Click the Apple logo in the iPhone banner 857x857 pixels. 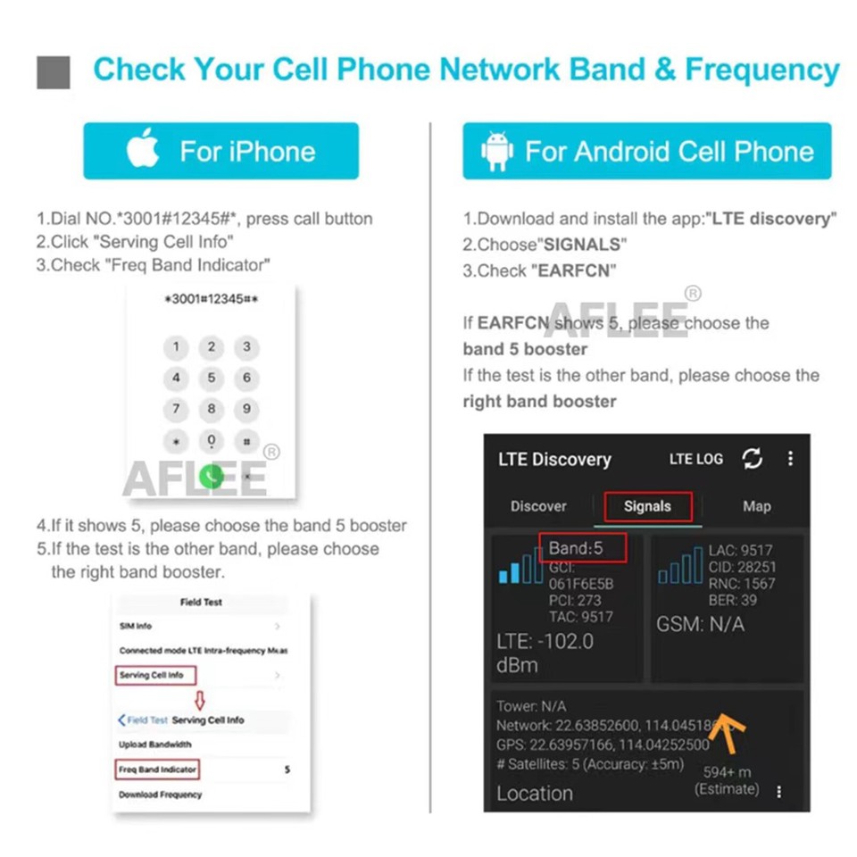pyautogui.click(x=143, y=151)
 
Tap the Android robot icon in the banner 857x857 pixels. pyautogui.click(x=496, y=152)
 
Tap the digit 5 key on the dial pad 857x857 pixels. pyautogui.click(x=212, y=379)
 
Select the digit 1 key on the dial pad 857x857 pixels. pyautogui.click(x=176, y=347)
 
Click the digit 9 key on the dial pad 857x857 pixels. pyautogui.click(x=246, y=410)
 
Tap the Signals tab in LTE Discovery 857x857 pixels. pyautogui.click(x=647, y=506)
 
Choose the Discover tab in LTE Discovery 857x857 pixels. pyautogui.click(x=538, y=506)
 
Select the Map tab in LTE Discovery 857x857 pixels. pyautogui.click(x=756, y=506)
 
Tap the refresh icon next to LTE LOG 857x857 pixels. pyautogui.click(x=753, y=459)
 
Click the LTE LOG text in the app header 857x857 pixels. pyautogui.click(x=696, y=459)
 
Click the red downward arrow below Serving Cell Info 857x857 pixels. pyautogui.click(x=201, y=698)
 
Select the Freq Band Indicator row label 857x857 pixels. pyautogui.click(x=157, y=769)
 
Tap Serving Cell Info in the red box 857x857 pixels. pyautogui.click(x=152, y=676)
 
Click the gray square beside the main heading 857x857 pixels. pyautogui.click(x=54, y=71)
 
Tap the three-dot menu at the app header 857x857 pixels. pyautogui.click(x=790, y=459)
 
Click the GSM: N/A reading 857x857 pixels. pyautogui.click(x=700, y=624)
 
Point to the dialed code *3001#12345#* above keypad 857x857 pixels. pyautogui.click(x=212, y=299)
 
